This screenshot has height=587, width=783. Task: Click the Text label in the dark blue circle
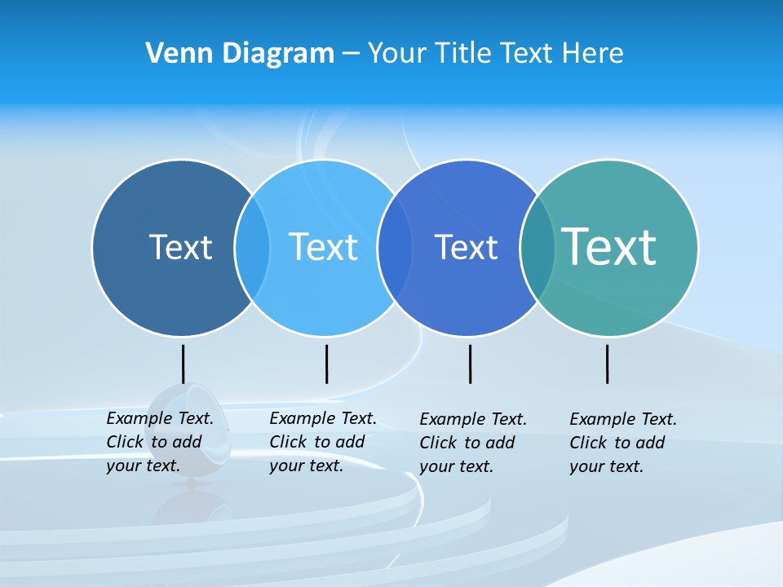[x=180, y=247]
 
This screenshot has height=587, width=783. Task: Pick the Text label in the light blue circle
[x=323, y=247]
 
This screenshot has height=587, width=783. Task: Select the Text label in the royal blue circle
[x=466, y=247]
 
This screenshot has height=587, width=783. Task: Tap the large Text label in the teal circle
[x=609, y=247]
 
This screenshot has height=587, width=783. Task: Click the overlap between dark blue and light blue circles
[x=252, y=247]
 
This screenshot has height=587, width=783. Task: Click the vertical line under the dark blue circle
[x=183, y=364]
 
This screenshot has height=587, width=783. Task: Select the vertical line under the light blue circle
[x=326, y=364]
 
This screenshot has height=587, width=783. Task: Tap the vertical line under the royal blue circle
[x=470, y=364]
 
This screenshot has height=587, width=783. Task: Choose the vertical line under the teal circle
[x=607, y=364]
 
